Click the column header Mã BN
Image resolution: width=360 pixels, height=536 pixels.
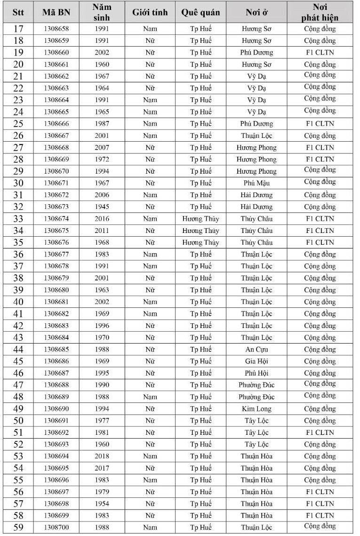coord(56,12)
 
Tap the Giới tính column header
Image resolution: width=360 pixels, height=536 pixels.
coord(150,12)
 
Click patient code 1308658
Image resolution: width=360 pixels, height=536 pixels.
coord(56,29)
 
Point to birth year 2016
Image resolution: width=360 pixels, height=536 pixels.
coord(102,219)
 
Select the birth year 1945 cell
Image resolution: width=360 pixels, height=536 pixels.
coord(102,207)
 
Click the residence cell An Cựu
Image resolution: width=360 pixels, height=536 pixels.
coord(256,349)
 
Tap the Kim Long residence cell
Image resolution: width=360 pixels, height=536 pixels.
coord(256,408)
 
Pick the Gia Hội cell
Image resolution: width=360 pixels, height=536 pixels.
coord(256,361)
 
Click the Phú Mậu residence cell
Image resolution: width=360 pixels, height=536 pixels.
coord(256,183)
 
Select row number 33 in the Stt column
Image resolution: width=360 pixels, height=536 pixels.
coord(18,219)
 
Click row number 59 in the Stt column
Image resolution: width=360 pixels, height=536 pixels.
coord(18,528)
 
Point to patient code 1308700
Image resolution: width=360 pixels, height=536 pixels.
coord(56,528)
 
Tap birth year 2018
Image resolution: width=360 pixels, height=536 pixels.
coord(102,456)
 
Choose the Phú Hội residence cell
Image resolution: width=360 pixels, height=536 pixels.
coord(256,373)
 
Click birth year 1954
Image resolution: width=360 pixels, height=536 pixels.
coord(102,504)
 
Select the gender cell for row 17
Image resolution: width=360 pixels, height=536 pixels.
coord(150,29)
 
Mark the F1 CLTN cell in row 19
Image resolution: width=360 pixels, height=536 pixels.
coord(320,52)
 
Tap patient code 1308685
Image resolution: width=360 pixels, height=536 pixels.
coord(56,349)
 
